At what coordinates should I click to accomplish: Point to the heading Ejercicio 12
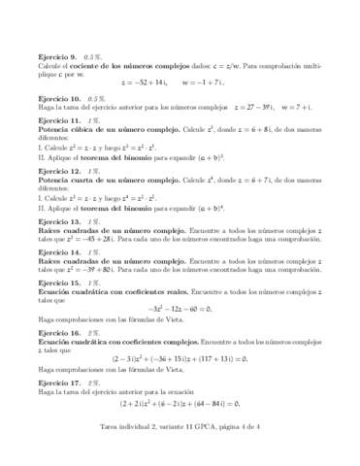pos(59,171)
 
